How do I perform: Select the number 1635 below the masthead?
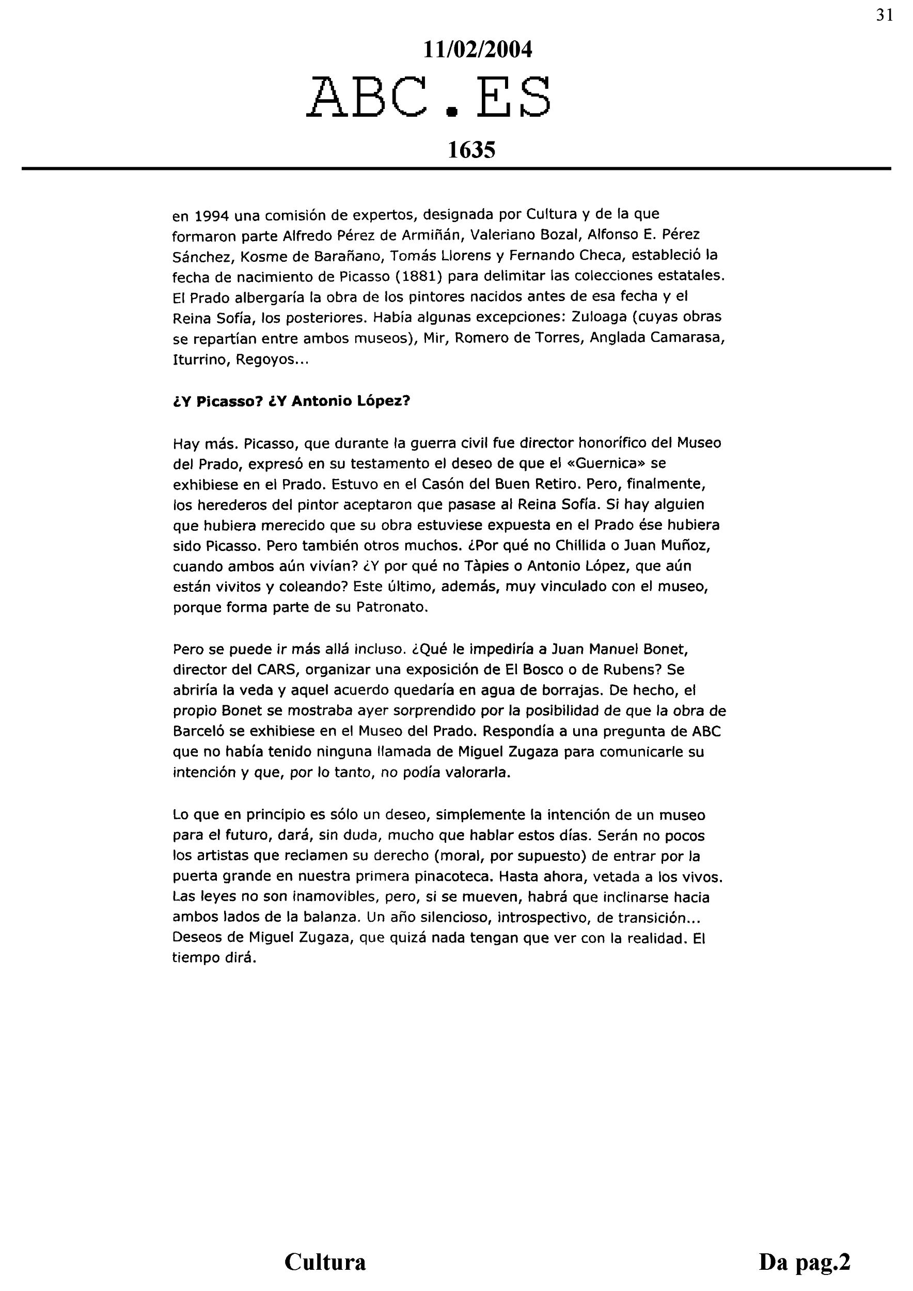[471, 150]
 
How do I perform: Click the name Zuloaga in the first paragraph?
[597, 317]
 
